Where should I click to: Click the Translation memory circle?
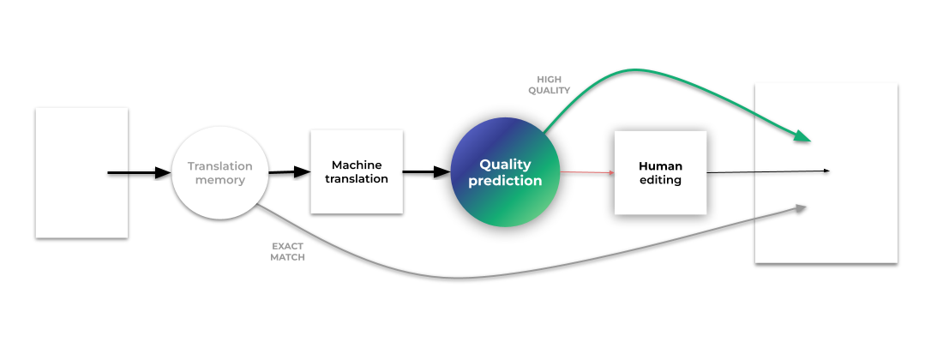click(x=220, y=172)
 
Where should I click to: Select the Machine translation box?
click(x=357, y=171)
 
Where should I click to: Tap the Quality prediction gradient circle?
click(x=505, y=172)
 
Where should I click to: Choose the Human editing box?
click(x=660, y=172)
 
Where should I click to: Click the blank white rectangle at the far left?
click(x=81, y=172)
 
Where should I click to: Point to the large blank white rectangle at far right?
click(x=826, y=172)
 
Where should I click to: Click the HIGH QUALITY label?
click(x=549, y=85)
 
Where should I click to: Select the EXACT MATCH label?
click(x=287, y=251)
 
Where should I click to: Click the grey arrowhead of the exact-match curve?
click(x=801, y=207)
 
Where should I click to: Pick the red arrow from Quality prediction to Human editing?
click(x=587, y=172)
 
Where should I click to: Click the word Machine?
click(x=357, y=165)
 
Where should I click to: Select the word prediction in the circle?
click(x=505, y=181)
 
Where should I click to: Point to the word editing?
click(x=660, y=180)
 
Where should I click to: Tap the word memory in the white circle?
click(x=220, y=180)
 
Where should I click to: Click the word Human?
click(x=660, y=165)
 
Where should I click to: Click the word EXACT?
click(x=287, y=246)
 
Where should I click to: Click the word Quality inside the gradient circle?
click(x=505, y=164)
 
